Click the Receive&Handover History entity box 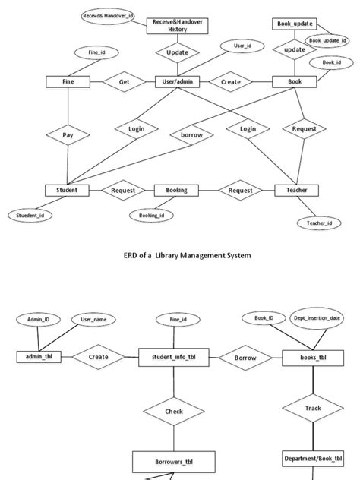click(x=176, y=26)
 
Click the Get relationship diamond click(x=124, y=81)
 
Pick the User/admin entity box click(x=176, y=81)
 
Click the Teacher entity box click(x=296, y=190)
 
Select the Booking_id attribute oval click(x=151, y=216)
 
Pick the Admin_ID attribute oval click(x=38, y=320)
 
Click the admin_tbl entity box click(x=39, y=356)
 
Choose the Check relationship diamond click(x=174, y=412)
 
